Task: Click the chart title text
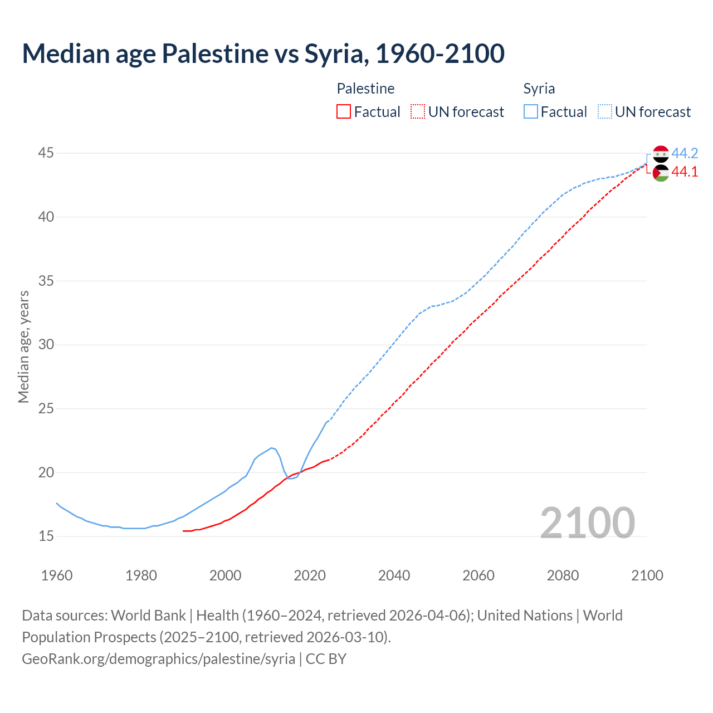(263, 54)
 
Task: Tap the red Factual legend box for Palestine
(344, 111)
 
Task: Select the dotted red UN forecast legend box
(417, 111)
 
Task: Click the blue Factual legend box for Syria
(531, 111)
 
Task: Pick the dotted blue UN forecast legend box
(604, 111)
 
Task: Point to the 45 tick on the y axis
(46, 153)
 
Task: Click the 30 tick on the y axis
(46, 344)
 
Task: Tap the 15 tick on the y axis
(46, 536)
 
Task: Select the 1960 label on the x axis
(57, 575)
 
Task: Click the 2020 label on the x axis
(310, 575)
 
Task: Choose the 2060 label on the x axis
(478, 575)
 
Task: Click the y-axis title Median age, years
(23, 346)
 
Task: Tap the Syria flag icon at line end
(661, 154)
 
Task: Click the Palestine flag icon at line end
(661, 173)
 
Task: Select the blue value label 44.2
(685, 153)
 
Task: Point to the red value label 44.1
(685, 172)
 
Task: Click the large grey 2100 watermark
(587, 522)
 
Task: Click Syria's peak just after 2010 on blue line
(271, 448)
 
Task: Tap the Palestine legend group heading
(365, 89)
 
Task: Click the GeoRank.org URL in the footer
(158, 658)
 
